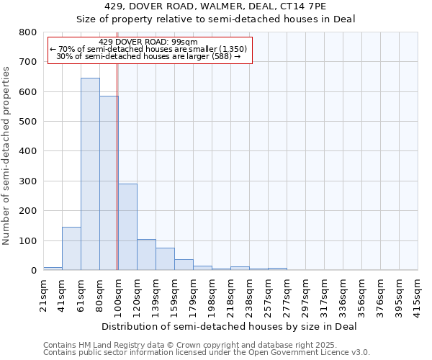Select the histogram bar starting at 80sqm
pos(109,184)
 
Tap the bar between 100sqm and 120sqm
pos(127,227)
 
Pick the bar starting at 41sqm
pos(71,248)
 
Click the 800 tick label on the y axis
pos(27,32)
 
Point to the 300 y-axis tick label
pos(27,181)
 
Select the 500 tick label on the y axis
pos(27,122)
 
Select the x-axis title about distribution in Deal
pos(229,326)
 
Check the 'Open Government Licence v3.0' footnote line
pos(207,353)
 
